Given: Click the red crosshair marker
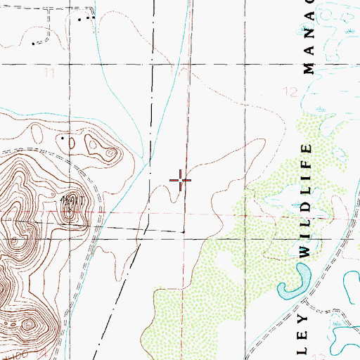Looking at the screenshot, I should (181, 181).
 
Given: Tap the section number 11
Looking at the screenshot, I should (49, 72).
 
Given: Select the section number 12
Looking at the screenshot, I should (292, 91).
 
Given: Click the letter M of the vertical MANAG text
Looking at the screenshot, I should (307, 68).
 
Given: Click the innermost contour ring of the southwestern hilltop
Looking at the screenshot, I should (28, 324).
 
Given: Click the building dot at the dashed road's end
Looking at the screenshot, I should (35, 44).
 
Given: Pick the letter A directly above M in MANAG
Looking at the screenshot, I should (307, 49).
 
